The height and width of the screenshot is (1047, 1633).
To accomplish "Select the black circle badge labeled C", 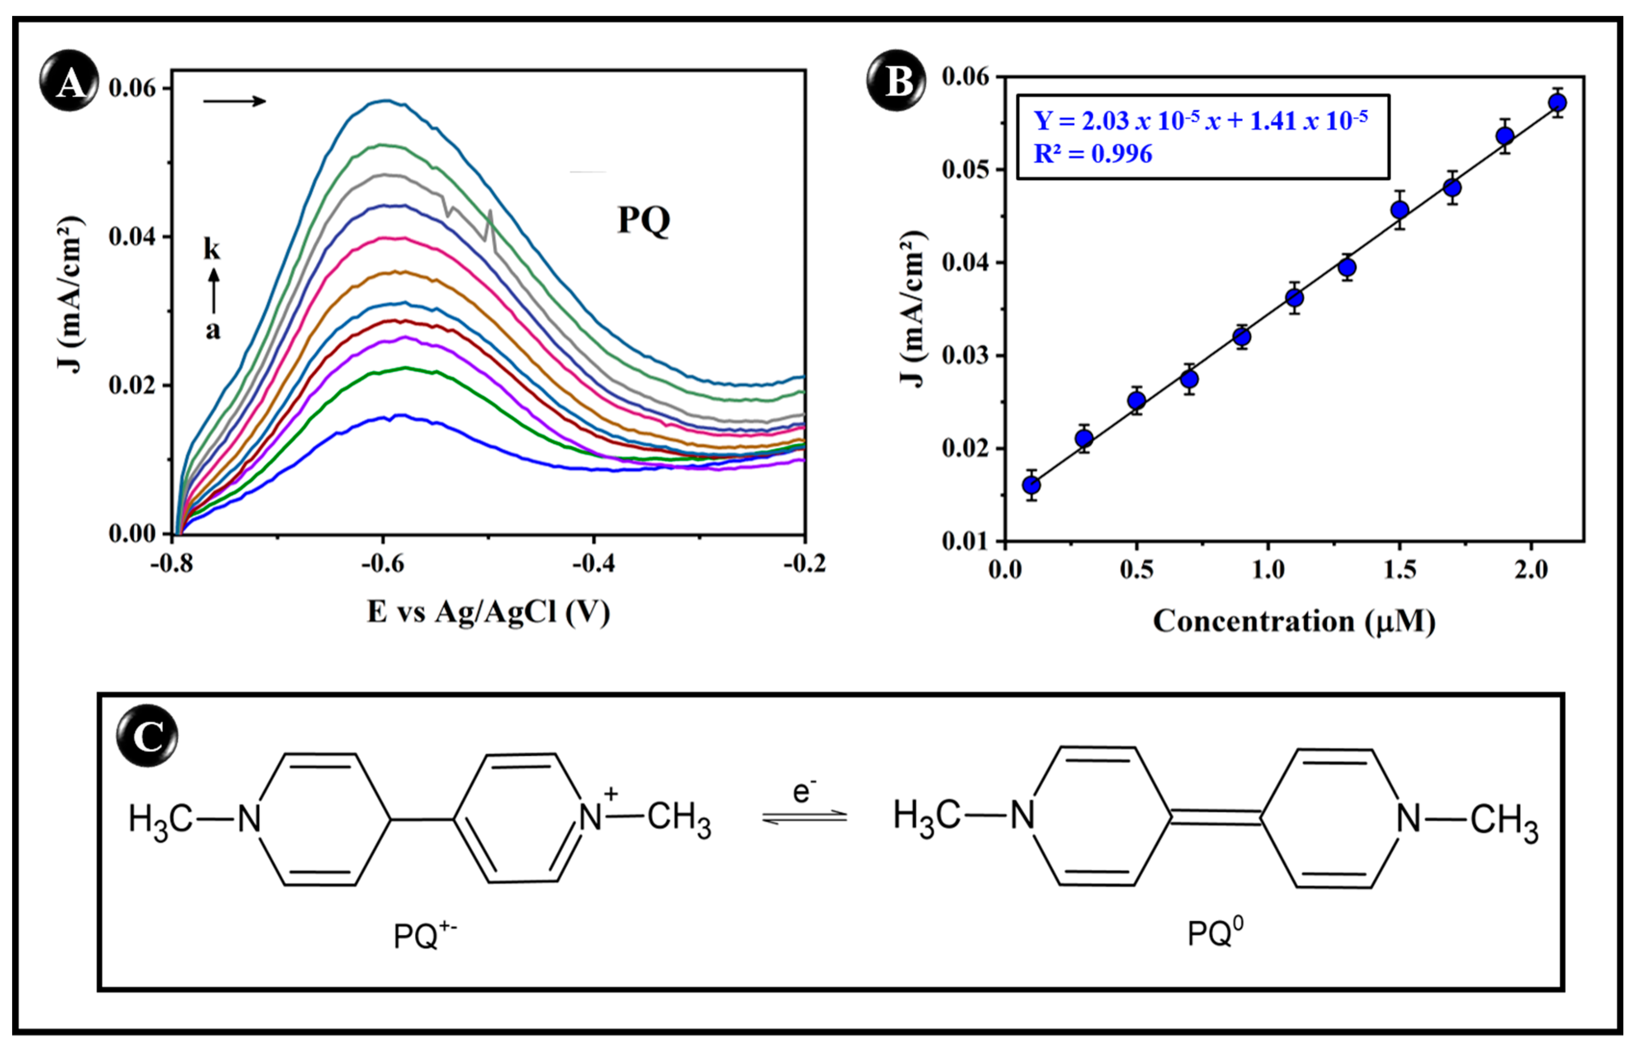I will (146, 736).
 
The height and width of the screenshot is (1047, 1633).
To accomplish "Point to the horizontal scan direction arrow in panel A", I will (235, 101).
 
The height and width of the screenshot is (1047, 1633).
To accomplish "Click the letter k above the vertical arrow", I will (212, 249).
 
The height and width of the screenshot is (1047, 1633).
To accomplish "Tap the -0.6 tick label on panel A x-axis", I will (383, 564).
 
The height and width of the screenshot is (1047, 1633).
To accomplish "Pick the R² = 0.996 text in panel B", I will (1092, 154).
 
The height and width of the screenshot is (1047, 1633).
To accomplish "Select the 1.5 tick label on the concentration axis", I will (1399, 569).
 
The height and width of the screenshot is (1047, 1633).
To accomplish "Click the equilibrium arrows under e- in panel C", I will (804, 816).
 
